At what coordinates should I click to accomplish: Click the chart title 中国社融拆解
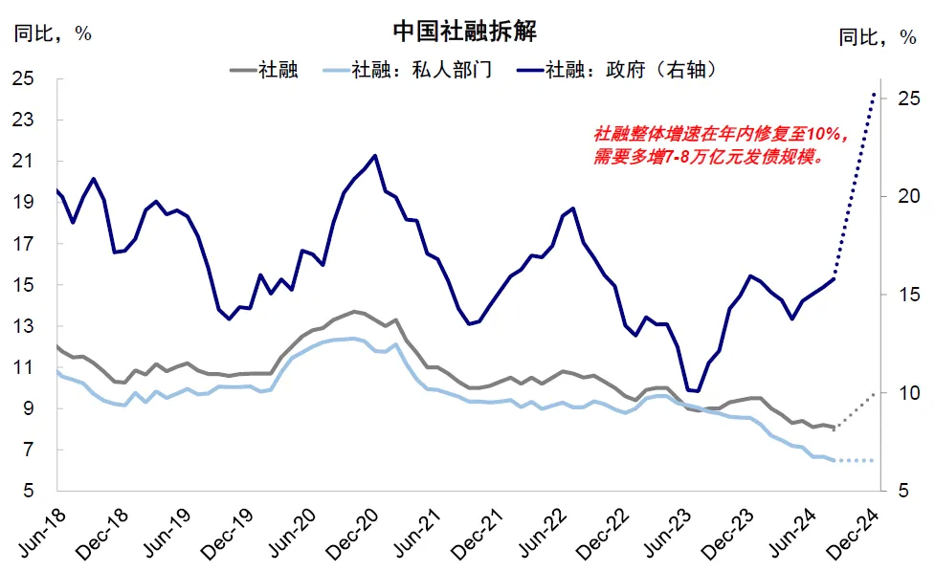(464, 31)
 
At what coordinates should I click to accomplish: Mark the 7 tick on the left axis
(29, 450)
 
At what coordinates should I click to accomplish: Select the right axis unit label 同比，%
(877, 37)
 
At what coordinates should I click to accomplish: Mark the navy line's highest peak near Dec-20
(374, 156)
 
